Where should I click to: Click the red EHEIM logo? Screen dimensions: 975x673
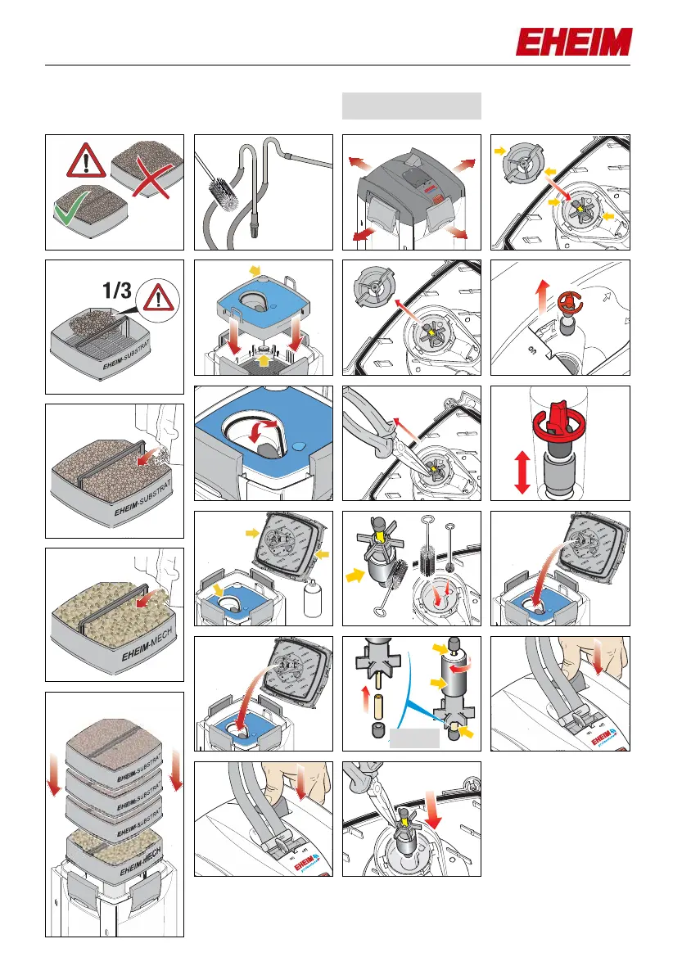tap(573, 42)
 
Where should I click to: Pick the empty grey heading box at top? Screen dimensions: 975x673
tap(411, 106)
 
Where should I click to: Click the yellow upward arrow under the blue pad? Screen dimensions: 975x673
tap(263, 358)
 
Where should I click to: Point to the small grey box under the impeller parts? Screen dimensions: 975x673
tap(414, 741)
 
